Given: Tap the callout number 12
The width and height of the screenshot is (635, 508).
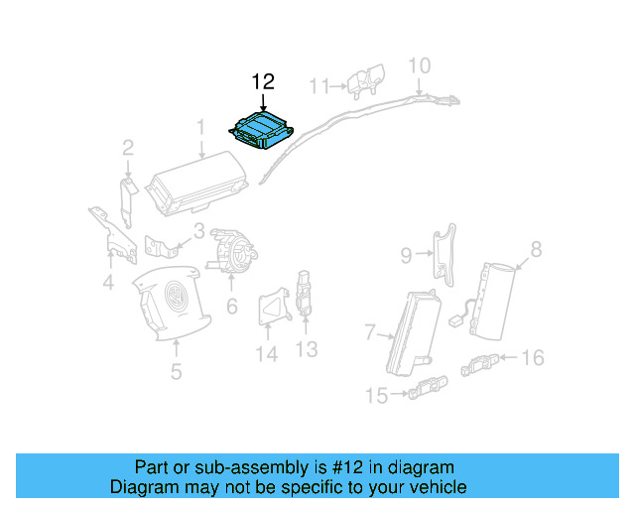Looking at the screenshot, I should (x=262, y=81).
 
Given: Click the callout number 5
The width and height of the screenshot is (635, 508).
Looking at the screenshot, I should (x=176, y=372).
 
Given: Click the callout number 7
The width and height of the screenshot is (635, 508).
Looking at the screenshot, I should (x=369, y=330).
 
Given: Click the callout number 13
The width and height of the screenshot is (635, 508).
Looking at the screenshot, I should (x=306, y=348).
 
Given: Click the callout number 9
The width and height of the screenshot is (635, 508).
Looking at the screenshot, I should (x=406, y=256).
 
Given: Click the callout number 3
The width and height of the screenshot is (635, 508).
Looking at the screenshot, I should (x=198, y=232).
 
